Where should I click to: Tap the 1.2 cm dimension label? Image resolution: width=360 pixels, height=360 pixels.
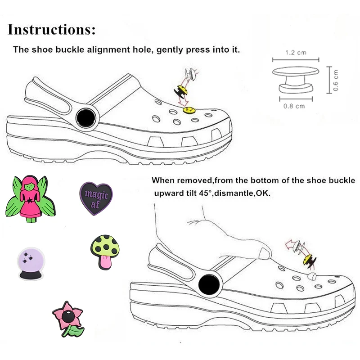tap(296, 53)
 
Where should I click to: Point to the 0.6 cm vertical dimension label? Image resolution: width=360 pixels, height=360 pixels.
tap(336, 80)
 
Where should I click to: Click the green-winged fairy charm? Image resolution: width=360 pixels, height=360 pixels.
tap(28, 198)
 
